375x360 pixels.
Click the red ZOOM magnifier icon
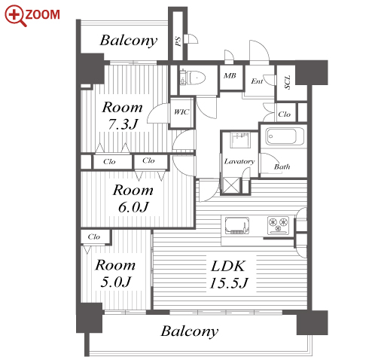15,16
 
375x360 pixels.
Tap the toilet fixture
193,78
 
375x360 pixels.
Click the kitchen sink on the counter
237,225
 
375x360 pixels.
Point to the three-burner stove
278,225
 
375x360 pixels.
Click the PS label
178,41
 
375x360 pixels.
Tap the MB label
230,75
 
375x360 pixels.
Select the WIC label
181,112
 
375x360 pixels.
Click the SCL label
288,82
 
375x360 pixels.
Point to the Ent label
257,81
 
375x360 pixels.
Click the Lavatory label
239,161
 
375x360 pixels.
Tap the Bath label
282,166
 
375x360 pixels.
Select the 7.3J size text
123,124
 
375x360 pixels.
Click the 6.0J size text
133,207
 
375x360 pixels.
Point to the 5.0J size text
116,282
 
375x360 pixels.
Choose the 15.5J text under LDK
228,283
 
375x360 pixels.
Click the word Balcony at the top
129,41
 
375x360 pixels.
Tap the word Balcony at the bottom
190,331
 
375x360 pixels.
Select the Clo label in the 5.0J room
94,236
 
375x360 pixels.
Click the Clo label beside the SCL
284,114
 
